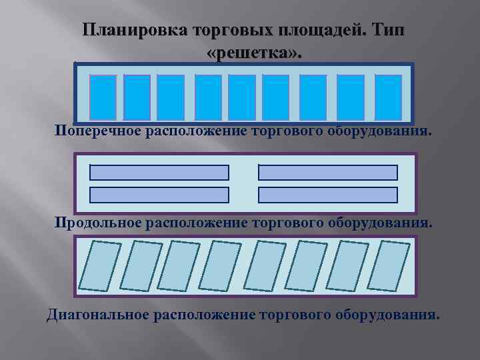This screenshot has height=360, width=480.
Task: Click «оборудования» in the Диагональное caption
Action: tap(389, 313)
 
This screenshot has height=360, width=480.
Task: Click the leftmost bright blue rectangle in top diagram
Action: tap(103, 97)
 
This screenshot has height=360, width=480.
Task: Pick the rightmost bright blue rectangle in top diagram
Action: tap(388, 97)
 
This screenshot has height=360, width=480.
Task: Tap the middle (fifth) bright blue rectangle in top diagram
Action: tap(242, 97)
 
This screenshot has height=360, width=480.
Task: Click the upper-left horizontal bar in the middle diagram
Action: tap(159, 173)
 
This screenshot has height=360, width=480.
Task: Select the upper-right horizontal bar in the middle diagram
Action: tap(327, 173)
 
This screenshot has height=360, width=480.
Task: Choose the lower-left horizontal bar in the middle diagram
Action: tap(159, 195)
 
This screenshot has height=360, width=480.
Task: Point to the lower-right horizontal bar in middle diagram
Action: tap(327, 195)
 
